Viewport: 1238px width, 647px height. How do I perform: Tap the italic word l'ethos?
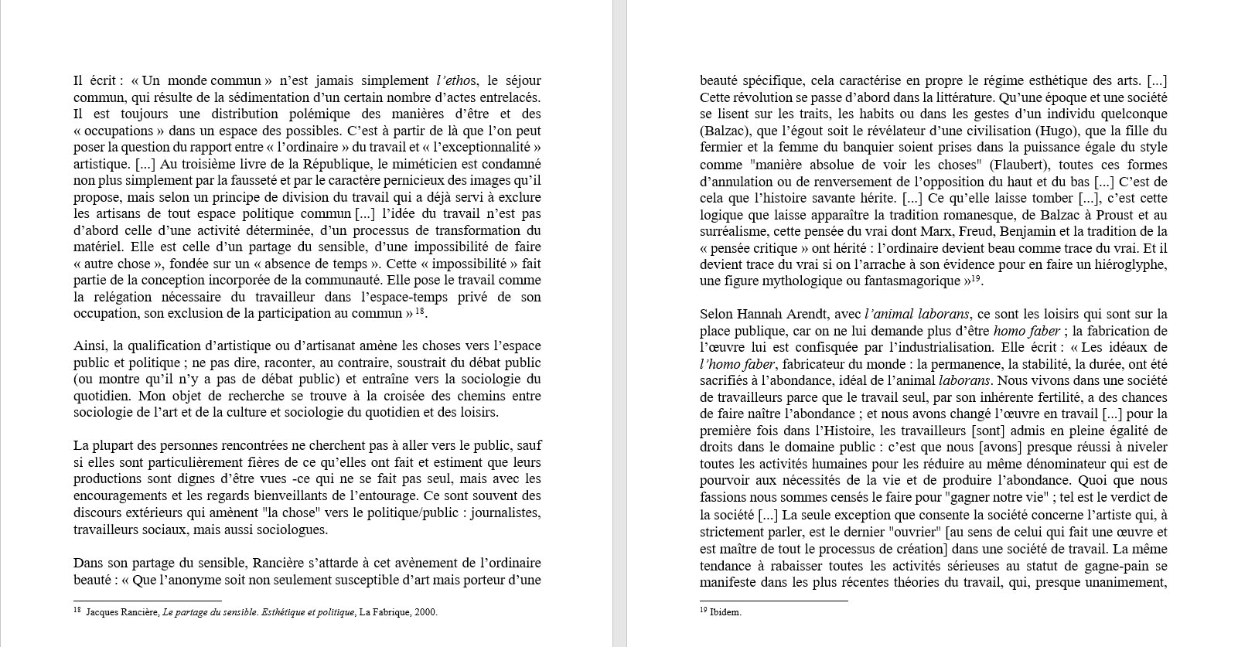[457, 80]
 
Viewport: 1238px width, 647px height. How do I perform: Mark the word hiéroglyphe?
[1128, 264]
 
